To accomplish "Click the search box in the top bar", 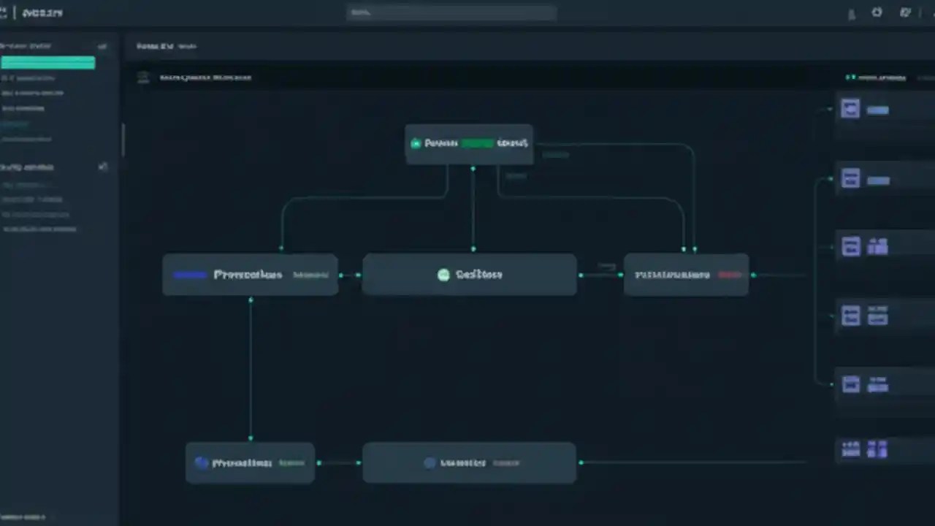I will [451, 13].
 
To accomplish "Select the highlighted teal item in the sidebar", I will [48, 63].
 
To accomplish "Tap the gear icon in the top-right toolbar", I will [877, 12].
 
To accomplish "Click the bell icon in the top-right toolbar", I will [852, 14].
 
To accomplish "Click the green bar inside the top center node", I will [477, 143].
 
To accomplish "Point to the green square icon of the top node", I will [416, 143].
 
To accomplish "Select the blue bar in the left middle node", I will [190, 275].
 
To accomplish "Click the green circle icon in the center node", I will [443, 275].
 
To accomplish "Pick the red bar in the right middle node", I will [728, 275].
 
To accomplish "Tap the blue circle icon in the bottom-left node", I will [202, 462].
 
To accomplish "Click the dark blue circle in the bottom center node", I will [430, 462].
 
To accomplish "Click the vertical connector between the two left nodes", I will [251, 369].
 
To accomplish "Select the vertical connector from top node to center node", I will [473, 210].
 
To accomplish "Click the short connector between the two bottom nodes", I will [338, 462].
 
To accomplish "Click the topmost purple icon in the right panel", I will [850, 109].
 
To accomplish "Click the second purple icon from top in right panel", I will [850, 178].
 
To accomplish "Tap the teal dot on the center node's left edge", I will [359, 275].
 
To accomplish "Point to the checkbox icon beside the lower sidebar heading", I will [103, 167].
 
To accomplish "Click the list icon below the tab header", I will [144, 77].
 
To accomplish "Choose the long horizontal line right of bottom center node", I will [694, 462].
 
